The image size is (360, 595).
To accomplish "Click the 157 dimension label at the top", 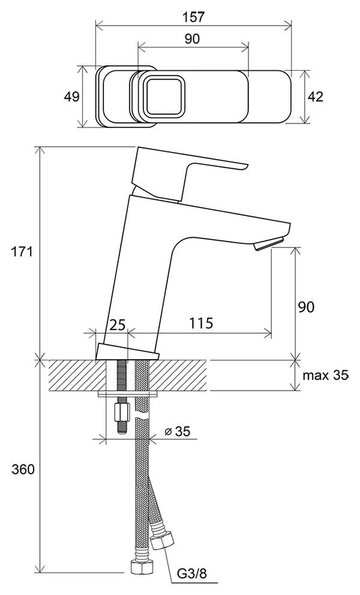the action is [x=193, y=17].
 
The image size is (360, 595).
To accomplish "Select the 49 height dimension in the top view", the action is [x=71, y=97].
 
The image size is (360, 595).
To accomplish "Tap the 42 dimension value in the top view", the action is [x=315, y=97].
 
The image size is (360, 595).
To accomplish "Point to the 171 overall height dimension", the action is [x=22, y=251].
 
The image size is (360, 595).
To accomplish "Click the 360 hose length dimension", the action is [x=23, y=470].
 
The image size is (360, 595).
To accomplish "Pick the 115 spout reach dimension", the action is [x=201, y=323].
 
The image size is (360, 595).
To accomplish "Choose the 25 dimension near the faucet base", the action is [x=117, y=325].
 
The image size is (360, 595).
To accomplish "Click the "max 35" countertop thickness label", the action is [x=325, y=375].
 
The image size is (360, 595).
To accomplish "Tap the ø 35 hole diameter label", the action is [x=178, y=432].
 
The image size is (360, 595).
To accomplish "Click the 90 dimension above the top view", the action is [x=193, y=38].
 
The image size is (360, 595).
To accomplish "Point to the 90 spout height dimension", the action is [x=306, y=307].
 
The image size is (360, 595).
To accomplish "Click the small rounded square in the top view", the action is [x=165, y=97].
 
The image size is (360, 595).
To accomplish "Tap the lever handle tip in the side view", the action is [x=245, y=166].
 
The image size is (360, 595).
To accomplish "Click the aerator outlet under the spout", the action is [x=269, y=244].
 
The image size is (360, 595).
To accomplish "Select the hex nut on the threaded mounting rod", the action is [x=122, y=411].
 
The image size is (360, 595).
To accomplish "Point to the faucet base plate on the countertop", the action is [x=127, y=352].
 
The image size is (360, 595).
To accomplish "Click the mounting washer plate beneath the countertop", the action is [x=127, y=394].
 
